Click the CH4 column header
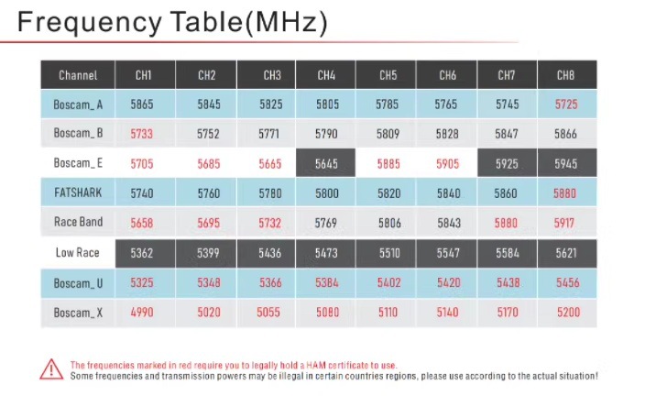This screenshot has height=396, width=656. point(326,75)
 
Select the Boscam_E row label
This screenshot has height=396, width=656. point(78,163)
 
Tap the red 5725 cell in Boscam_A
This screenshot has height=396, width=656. point(566,104)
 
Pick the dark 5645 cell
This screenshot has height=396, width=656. point(326,163)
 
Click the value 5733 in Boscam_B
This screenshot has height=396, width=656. point(141,134)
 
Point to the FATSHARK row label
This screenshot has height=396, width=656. point(78,192)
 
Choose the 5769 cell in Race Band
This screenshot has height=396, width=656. point(326,223)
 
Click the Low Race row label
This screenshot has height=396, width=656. point(77,253)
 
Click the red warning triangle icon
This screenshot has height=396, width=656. point(51,369)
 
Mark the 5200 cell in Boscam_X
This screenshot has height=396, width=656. point(567,313)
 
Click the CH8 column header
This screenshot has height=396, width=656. point(567,75)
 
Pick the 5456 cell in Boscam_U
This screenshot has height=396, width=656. point(567,283)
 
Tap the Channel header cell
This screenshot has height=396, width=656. point(78,75)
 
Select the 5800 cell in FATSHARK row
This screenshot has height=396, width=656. point(326,193)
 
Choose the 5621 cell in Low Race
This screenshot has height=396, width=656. point(567,253)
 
